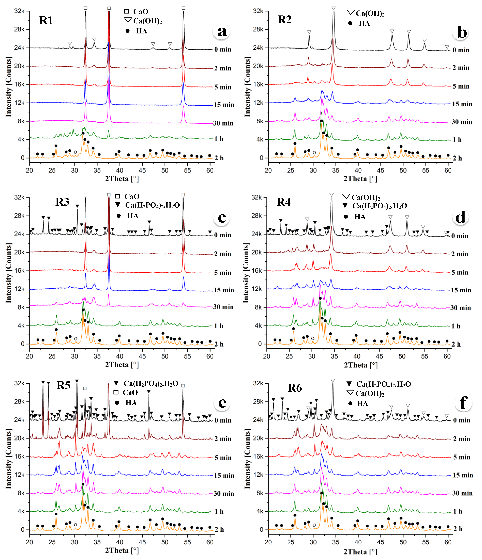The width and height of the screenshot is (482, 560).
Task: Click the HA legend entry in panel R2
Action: (360, 23)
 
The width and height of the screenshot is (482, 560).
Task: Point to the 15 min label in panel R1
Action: (224, 105)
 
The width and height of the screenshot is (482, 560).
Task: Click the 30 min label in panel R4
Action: (460, 308)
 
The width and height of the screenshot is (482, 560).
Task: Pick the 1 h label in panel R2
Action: (457, 140)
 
